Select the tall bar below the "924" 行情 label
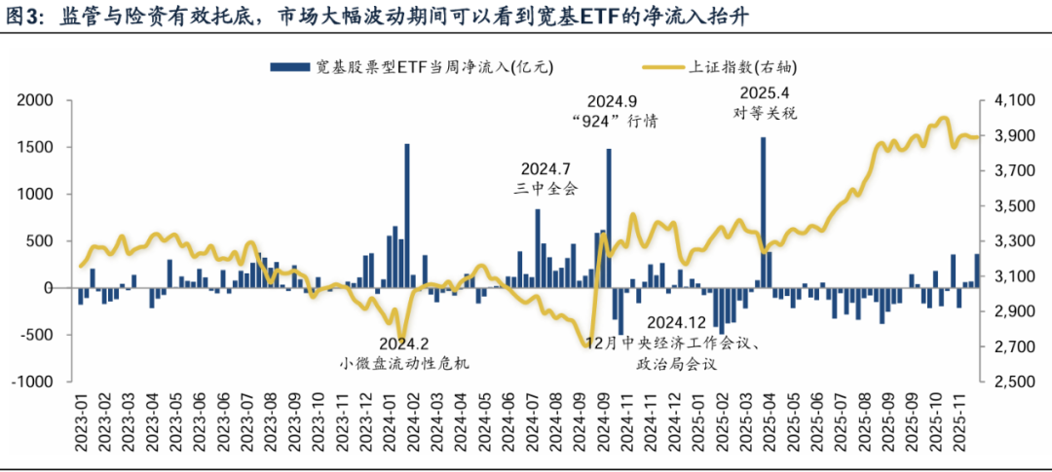point(609,218)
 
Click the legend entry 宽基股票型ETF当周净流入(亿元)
point(410,67)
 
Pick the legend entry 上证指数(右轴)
point(721,67)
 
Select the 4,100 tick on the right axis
point(1015,100)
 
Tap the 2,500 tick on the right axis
point(1015,382)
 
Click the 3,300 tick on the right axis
point(1015,241)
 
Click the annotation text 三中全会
point(549,188)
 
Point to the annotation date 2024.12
point(676,322)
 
